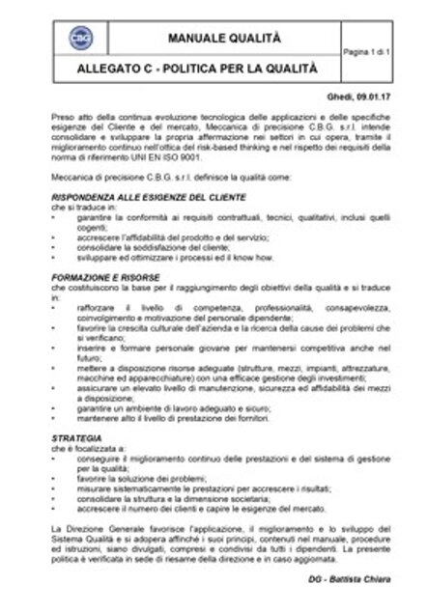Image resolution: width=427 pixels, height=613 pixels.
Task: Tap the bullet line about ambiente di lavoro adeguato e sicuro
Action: (x=173, y=409)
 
